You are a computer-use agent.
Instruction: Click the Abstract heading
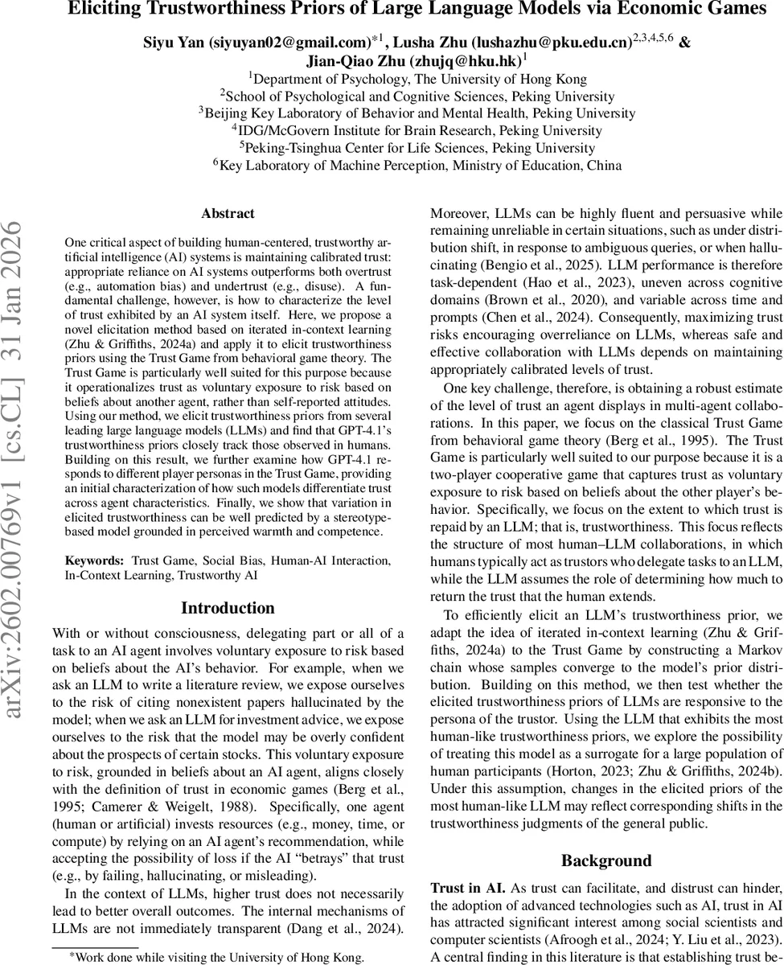point(228,214)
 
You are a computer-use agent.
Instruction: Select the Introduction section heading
point(228,608)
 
